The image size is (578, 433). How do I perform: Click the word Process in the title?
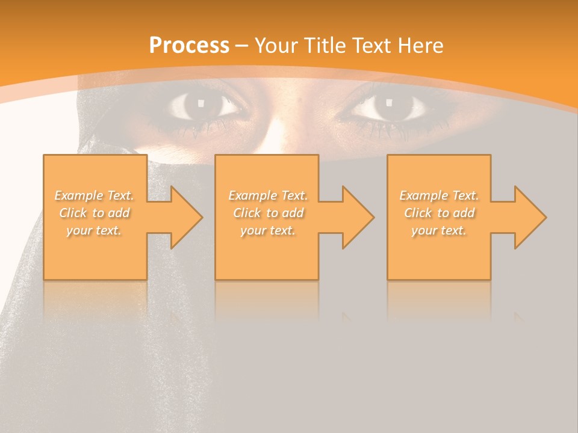pos(189,46)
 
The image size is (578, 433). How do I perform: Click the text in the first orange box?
pos(95,213)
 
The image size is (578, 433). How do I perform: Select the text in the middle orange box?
pos(268,213)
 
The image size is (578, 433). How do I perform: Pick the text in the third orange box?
pos(439,213)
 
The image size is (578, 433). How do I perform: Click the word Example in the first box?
pos(79,195)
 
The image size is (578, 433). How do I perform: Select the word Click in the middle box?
pos(247,213)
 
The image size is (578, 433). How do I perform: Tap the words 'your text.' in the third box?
pos(439,230)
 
